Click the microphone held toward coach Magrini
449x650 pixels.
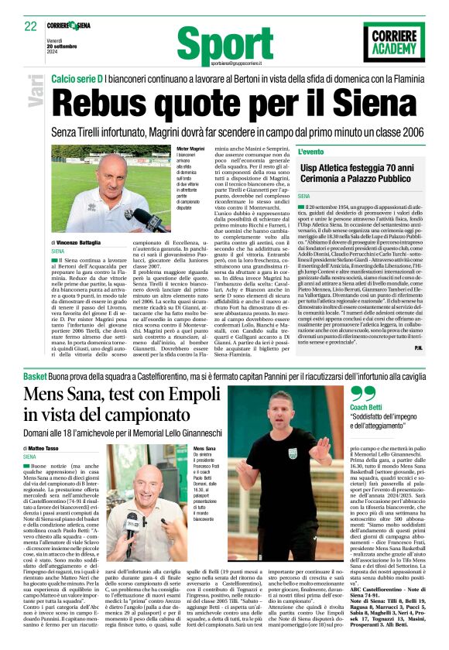coord(140,217)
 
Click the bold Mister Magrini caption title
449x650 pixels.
coord(190,147)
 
